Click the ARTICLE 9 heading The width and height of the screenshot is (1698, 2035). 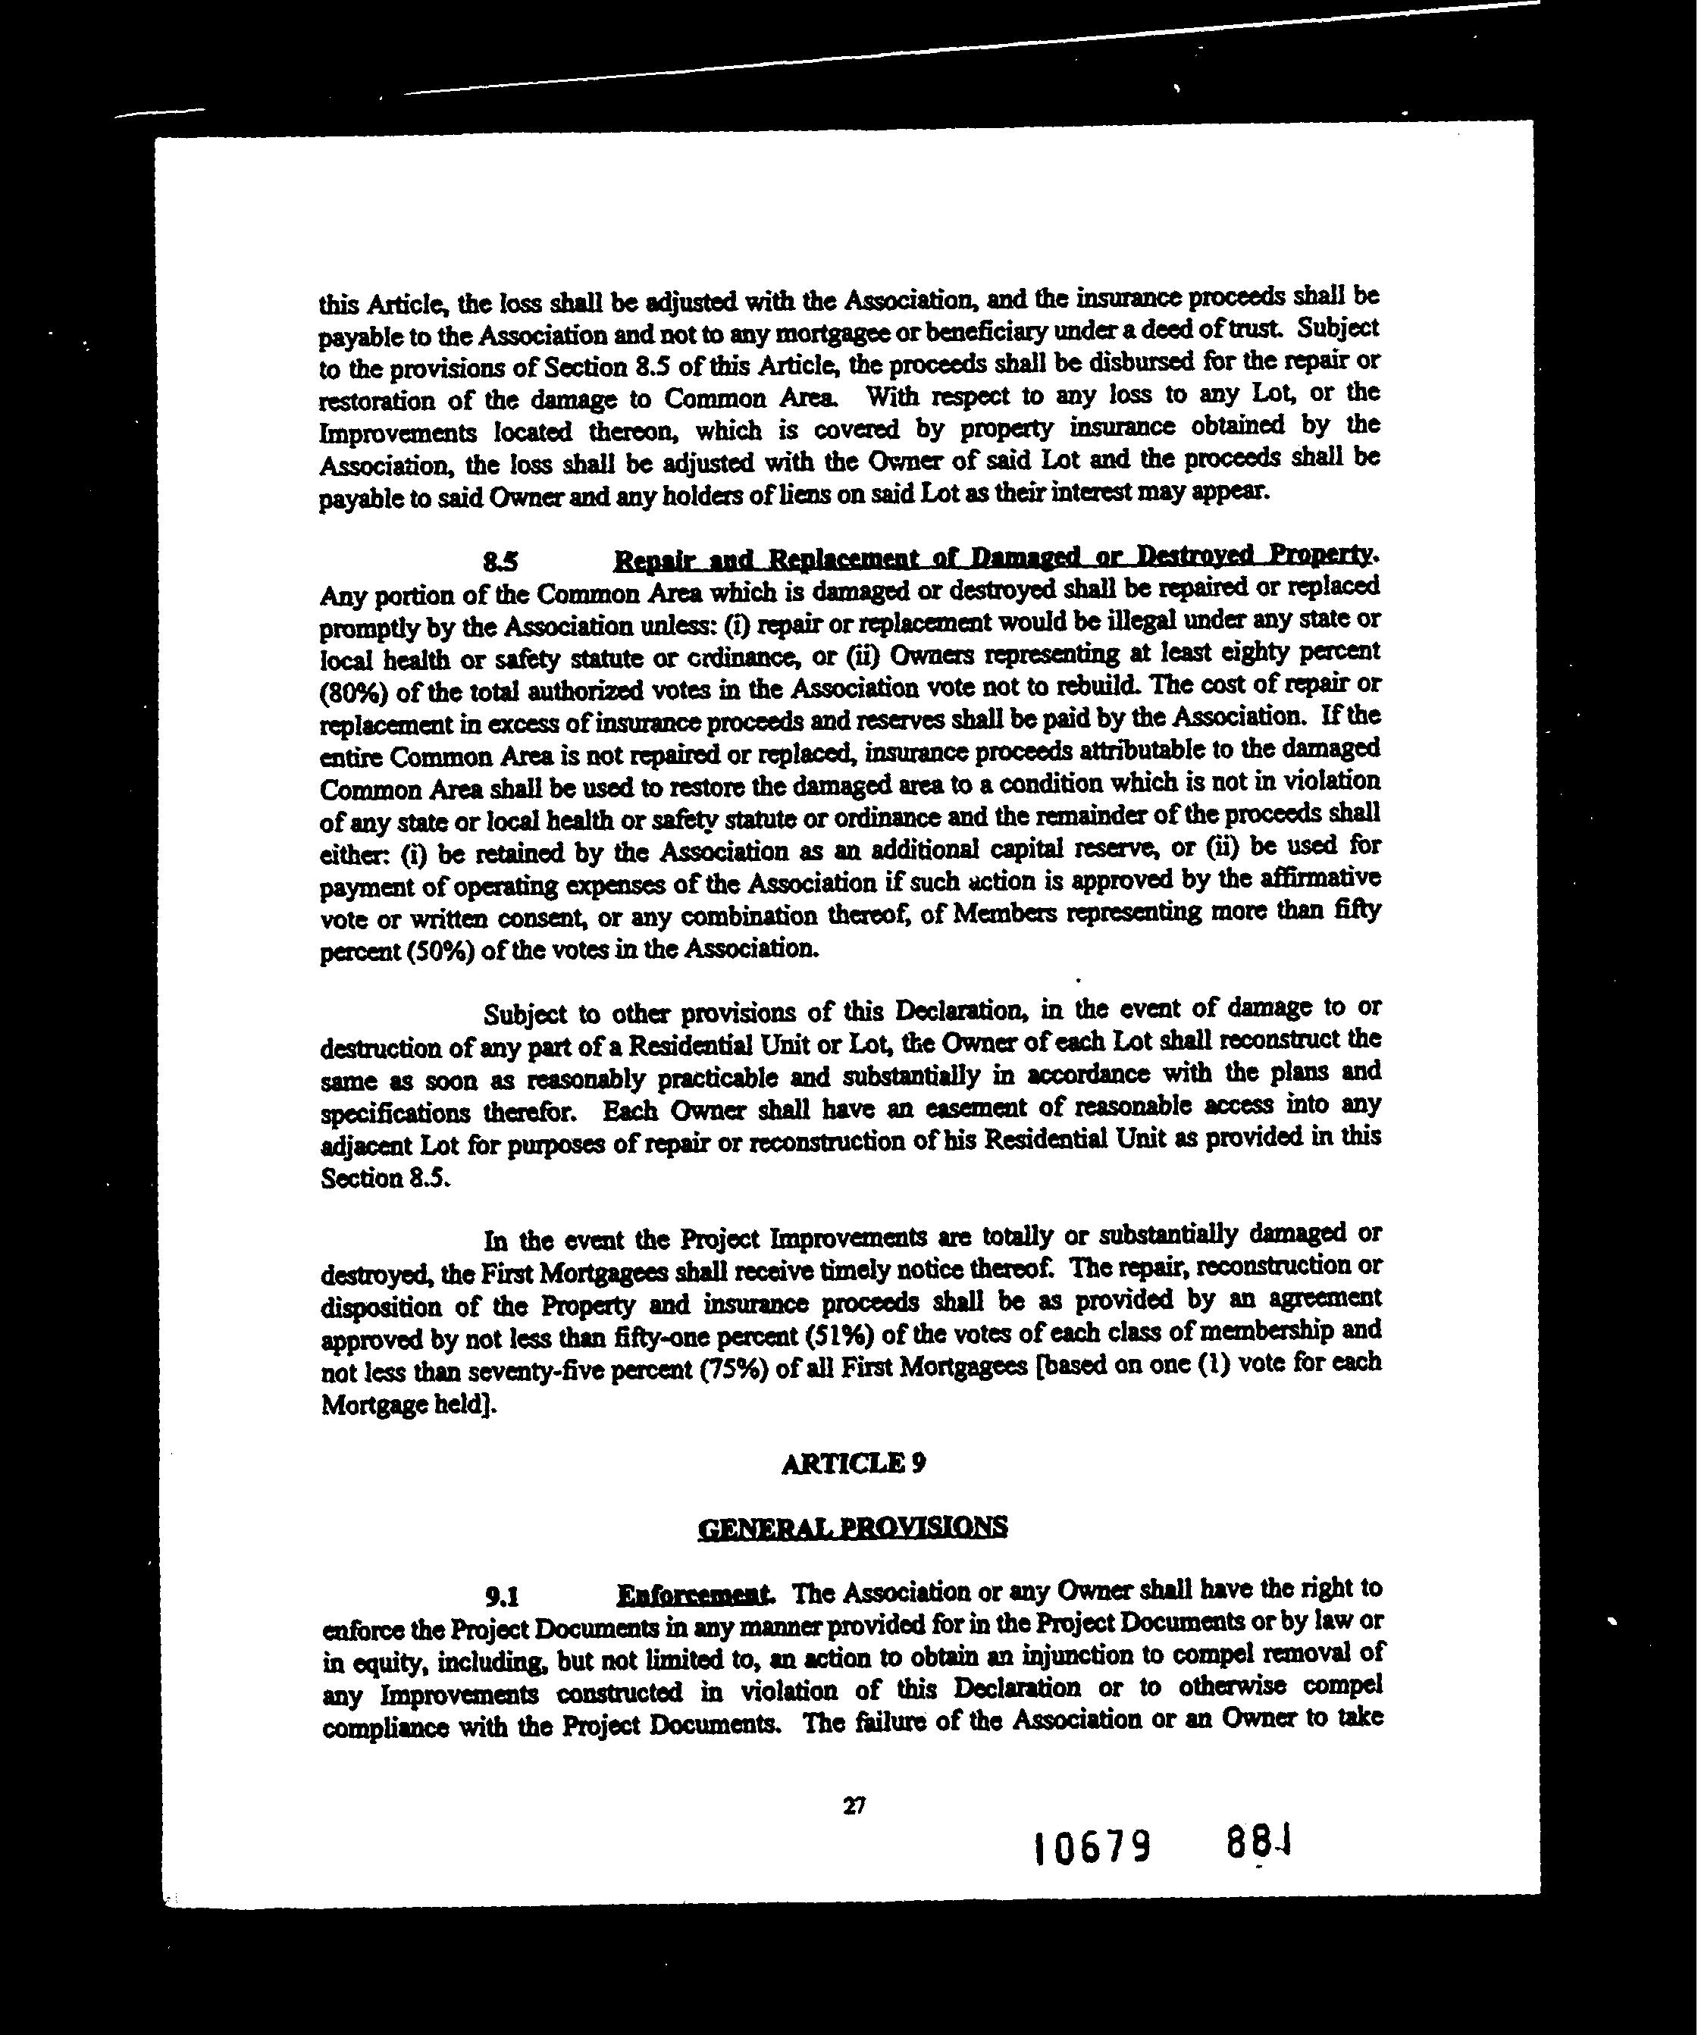(853, 1464)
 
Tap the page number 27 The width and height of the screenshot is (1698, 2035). (854, 1805)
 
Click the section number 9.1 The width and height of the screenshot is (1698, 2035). (503, 1596)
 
